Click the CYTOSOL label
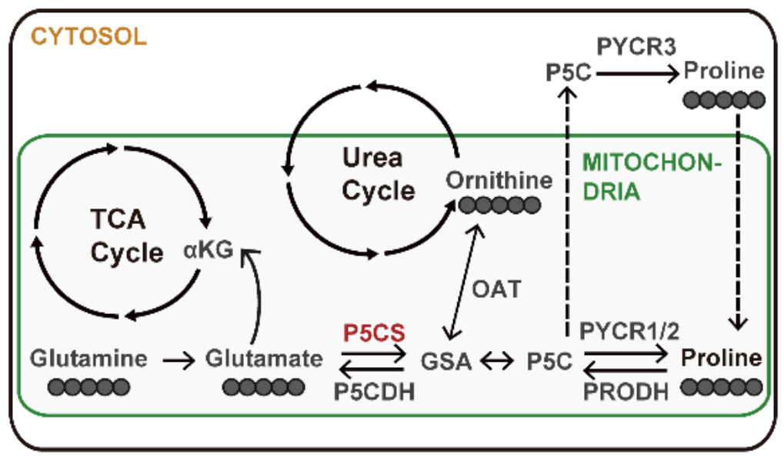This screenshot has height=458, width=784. pos(88,36)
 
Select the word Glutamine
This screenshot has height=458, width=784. pos(88,359)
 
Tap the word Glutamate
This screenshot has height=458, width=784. pos(264,359)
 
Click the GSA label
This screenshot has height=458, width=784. pos(447,361)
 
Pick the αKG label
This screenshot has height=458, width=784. pos(208,251)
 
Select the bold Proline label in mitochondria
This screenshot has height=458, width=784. pos(722,359)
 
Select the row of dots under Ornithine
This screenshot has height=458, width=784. pos(499,205)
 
